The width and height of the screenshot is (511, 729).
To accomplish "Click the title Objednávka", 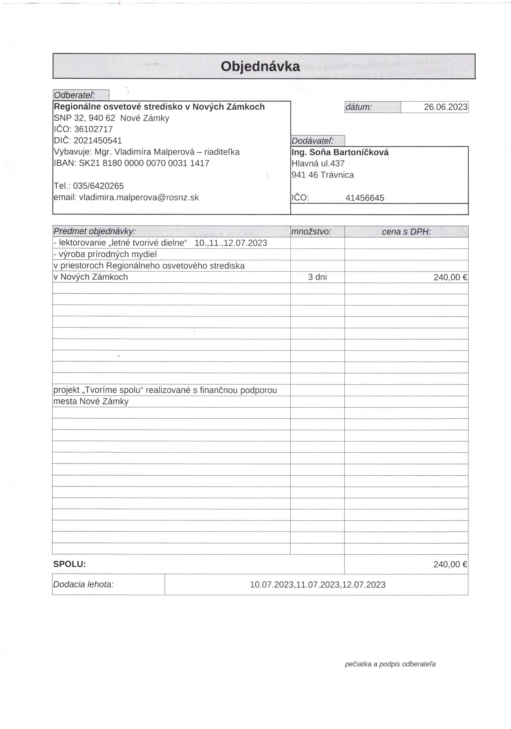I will (260, 66).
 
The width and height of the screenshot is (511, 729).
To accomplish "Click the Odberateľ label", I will (74, 95).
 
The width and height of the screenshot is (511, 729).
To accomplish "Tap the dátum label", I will (358, 107).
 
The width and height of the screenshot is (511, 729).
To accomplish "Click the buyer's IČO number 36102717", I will (93, 129).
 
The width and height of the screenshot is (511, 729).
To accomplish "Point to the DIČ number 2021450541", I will (98, 140).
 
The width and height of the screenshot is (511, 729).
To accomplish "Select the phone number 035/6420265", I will (98, 186).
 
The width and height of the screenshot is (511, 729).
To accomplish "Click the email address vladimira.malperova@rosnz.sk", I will (139, 197).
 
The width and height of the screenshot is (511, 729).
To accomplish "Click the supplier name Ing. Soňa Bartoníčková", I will (340, 153).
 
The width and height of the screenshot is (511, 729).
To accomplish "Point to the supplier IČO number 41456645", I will (365, 198).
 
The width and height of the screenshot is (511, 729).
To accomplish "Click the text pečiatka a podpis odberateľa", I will (390, 664).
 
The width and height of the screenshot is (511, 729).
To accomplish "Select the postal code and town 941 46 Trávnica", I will (322, 175).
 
